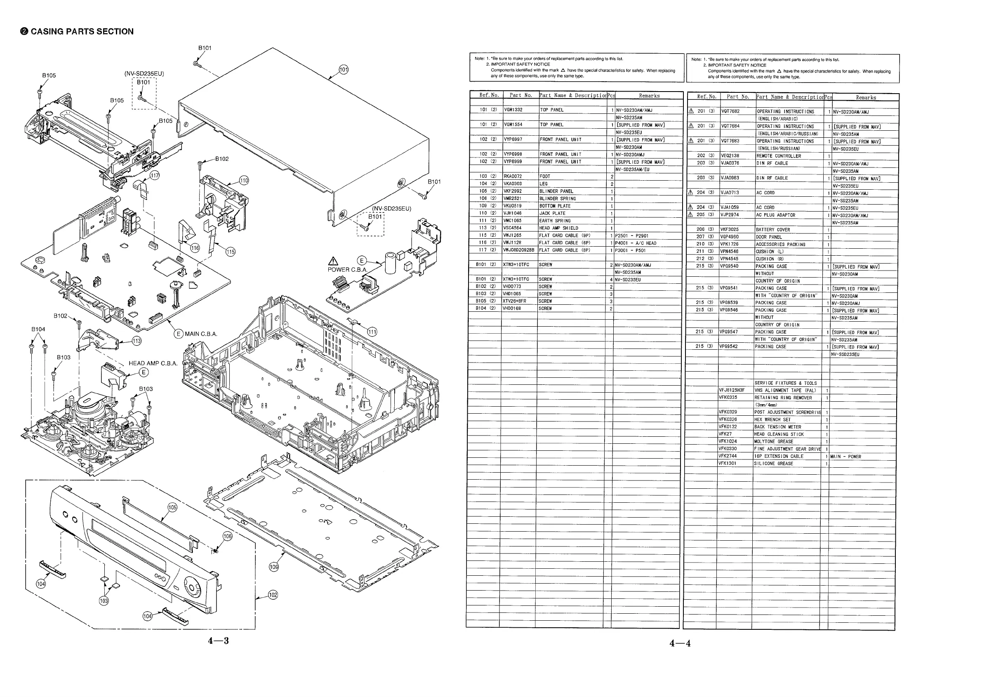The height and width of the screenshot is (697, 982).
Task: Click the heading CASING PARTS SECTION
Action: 77,31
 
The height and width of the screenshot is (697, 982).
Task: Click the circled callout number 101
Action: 344,70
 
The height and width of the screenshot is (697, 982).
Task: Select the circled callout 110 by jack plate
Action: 244,181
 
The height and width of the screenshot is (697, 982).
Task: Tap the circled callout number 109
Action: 273,567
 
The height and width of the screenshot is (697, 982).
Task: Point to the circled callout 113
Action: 137,341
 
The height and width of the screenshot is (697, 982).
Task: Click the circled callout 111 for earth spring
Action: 372,332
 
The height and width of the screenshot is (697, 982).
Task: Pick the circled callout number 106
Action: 227,537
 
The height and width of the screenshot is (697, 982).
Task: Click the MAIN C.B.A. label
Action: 200,334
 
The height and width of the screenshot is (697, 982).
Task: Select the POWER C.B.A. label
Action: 347,270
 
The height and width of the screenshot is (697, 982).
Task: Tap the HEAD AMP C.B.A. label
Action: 153,363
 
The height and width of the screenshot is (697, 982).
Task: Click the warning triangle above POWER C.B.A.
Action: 333,261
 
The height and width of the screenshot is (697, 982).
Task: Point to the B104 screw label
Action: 38,329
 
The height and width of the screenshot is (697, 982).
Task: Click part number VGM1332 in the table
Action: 513,110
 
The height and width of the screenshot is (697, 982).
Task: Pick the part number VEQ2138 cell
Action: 730,156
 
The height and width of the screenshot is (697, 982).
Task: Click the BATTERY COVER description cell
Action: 772,230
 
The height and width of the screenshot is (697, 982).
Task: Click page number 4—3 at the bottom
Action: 218,641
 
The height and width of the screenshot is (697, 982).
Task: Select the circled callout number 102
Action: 273,595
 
